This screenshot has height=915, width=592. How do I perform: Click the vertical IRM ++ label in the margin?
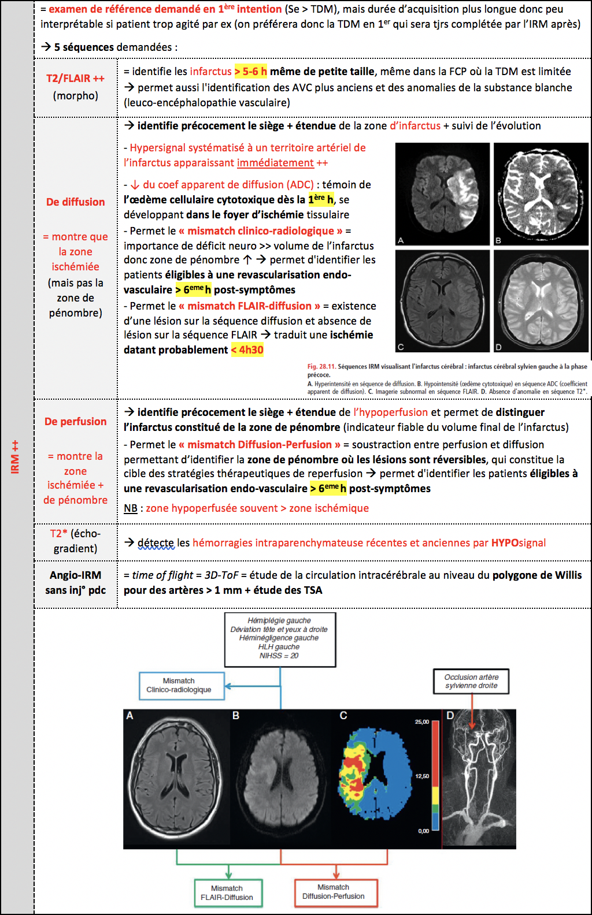coord(15,456)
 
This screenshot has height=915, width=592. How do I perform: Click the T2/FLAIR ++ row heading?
coord(75,79)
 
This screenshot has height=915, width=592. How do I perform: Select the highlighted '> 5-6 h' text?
coord(250,72)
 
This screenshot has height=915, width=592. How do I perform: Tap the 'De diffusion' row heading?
coord(76,202)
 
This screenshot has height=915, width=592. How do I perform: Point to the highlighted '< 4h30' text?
coord(247,350)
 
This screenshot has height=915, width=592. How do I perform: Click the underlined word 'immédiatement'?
coord(275,163)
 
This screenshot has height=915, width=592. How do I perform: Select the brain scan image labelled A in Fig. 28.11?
coord(442,194)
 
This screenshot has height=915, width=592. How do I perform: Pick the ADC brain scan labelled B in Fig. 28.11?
coord(541,194)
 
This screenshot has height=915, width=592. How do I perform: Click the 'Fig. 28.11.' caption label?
coord(321,366)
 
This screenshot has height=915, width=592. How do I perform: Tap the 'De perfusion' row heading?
coord(76,422)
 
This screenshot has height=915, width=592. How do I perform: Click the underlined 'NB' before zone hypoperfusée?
coord(131,508)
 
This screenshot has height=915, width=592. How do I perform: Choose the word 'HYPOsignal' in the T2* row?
coord(519,543)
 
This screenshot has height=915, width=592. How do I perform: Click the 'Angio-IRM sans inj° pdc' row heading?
coord(76,582)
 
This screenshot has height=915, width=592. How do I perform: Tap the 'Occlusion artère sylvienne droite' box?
coord(472,681)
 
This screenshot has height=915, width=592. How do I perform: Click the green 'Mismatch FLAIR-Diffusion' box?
coord(227,893)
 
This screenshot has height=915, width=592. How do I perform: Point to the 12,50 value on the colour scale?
coord(422,776)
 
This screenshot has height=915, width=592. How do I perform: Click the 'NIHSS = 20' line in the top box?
coord(279,656)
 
